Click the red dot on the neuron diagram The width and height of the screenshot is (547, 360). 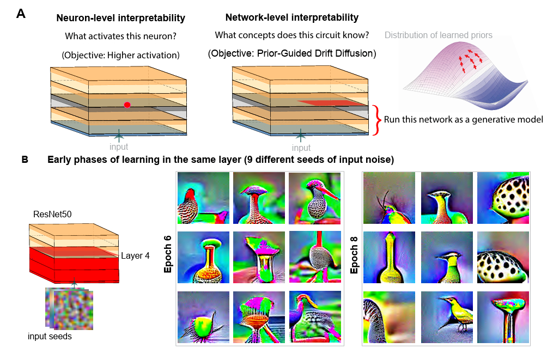[x=127, y=105]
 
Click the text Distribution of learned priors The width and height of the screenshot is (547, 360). [x=439, y=35]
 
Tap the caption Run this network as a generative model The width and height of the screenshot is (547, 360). [x=463, y=119]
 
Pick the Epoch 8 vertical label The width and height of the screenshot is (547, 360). [x=354, y=259]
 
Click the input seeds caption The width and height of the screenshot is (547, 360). [x=50, y=337]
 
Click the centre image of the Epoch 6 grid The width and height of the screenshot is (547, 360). [x=259, y=258]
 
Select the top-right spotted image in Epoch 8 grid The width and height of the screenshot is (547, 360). [x=503, y=198]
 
